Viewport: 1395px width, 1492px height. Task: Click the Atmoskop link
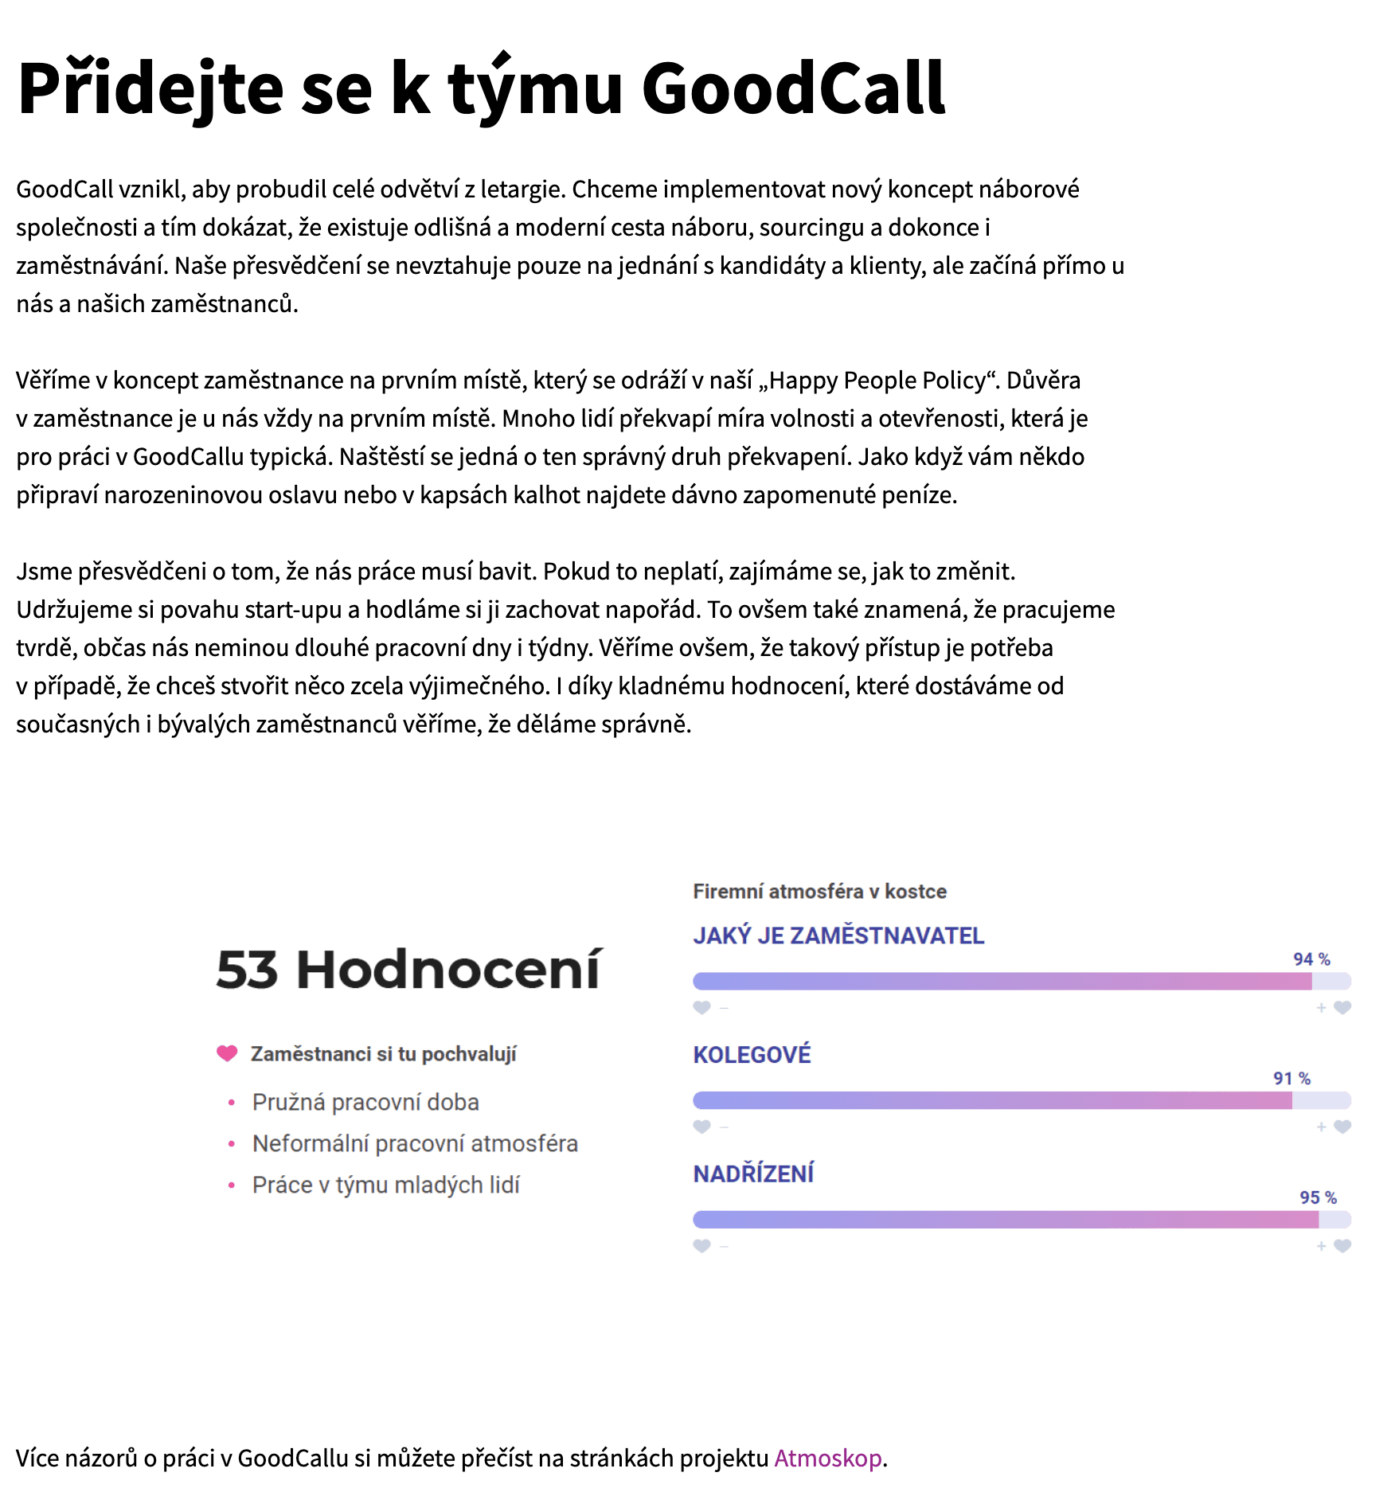point(827,1458)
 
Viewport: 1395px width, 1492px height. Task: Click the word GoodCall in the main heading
point(793,88)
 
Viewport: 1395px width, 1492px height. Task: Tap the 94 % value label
point(1311,959)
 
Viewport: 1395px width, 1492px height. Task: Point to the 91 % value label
point(1291,1079)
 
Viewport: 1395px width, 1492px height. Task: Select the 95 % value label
point(1318,1197)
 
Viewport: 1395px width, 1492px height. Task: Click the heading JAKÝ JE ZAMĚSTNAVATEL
point(838,935)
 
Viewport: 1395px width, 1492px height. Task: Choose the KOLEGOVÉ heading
point(752,1055)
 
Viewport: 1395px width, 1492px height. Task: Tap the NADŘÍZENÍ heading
point(753,1174)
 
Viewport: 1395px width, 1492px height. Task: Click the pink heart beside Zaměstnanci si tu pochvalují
point(227,1053)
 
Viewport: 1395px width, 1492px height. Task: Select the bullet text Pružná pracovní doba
point(365,1102)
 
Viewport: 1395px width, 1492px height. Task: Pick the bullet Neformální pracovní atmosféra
point(415,1143)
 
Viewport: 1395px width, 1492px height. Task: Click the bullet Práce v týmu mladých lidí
point(385,1185)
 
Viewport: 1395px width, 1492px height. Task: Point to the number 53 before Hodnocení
point(247,970)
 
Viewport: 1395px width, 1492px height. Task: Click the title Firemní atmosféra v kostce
point(819,891)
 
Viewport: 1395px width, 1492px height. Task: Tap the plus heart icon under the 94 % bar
point(1342,1008)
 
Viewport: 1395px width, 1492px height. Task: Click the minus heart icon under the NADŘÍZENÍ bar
point(701,1246)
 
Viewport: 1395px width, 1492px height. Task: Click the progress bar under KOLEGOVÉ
point(1022,1100)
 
